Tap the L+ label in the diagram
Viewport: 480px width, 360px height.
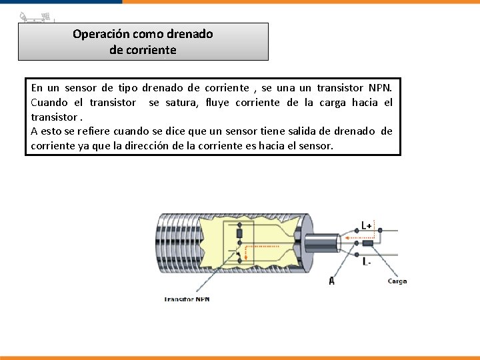(367, 225)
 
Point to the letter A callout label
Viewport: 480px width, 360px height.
(331, 281)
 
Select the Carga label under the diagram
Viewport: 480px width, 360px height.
(397, 281)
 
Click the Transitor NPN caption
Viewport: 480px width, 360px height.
(187, 299)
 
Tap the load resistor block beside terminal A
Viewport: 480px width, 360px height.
(367, 243)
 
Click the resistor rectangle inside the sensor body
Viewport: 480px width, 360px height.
(239, 233)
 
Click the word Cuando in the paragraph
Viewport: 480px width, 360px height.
(49, 102)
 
